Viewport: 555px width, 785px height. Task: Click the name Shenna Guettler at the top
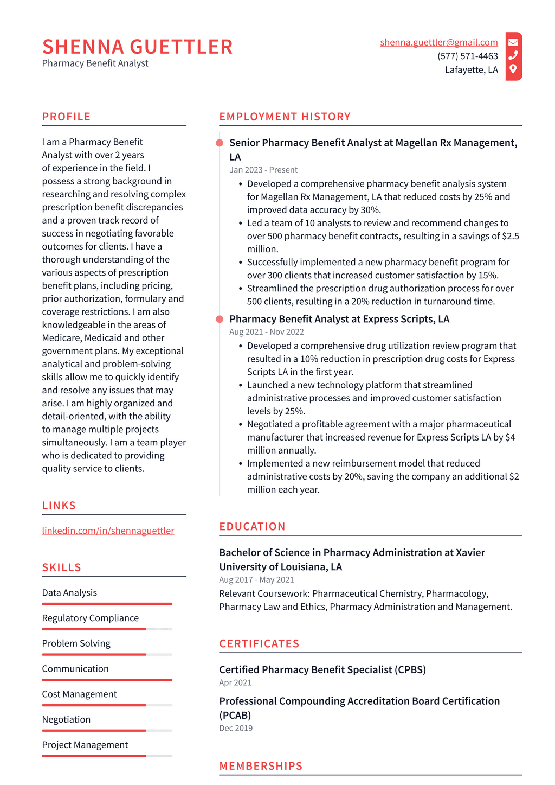[137, 47]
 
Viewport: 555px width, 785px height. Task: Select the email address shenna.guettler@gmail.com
[438, 42]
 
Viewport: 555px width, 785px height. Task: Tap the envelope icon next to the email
[513, 42]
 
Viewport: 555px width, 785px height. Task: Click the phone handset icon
[513, 55]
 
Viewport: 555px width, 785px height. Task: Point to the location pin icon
[513, 69]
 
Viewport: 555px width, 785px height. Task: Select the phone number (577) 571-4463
[467, 56]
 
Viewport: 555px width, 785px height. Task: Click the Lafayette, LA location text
[471, 69]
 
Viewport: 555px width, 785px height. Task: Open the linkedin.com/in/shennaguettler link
[108, 531]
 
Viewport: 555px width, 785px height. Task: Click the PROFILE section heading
[66, 117]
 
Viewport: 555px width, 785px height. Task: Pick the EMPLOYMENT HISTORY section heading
[285, 117]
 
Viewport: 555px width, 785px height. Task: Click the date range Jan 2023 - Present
[263, 170]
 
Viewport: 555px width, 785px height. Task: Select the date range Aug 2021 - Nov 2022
[266, 331]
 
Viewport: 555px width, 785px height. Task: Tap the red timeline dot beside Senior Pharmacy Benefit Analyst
[220, 143]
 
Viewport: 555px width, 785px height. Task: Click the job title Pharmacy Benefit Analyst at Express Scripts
[339, 319]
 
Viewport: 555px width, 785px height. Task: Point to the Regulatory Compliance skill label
[90, 618]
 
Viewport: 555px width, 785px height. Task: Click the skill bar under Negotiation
[107, 731]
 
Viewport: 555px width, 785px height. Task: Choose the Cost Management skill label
[79, 694]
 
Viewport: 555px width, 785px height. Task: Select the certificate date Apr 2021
[235, 682]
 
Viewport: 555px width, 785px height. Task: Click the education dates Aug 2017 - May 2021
[256, 579]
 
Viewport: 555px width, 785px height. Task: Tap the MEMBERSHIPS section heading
[261, 766]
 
